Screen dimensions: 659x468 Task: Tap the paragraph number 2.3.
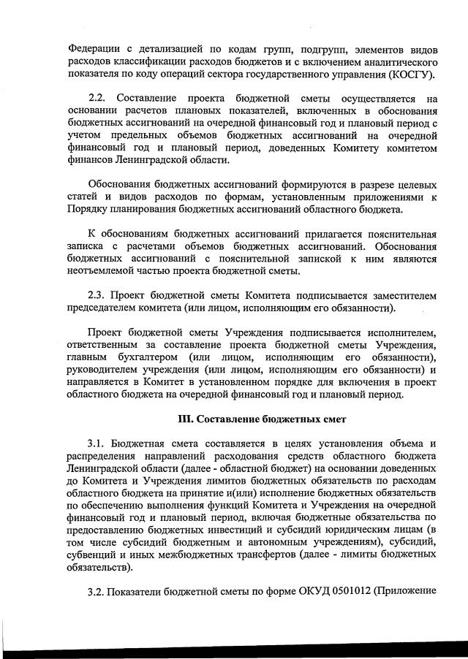point(98,295)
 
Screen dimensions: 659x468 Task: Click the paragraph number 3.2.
point(98,592)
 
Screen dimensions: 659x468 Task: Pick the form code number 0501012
point(341,592)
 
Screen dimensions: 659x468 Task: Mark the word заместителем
point(400,295)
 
